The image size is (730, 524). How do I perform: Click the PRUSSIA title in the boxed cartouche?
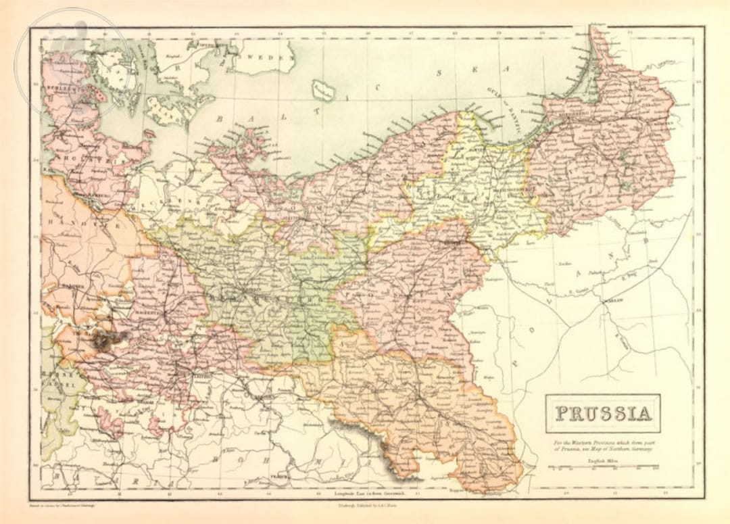pyautogui.click(x=603, y=413)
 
